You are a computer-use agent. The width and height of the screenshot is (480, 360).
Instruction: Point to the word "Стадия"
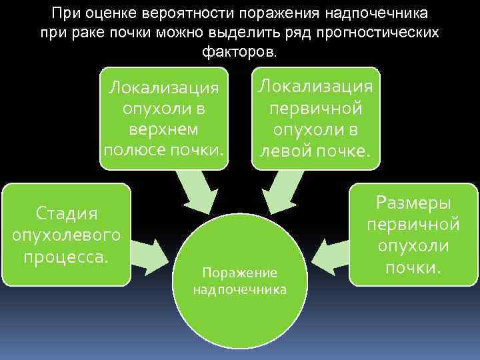66,213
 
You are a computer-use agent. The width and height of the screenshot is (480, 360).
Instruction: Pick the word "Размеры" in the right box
413,202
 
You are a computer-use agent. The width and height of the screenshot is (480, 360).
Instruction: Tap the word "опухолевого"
66,235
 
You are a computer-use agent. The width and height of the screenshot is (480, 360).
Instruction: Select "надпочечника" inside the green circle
239,289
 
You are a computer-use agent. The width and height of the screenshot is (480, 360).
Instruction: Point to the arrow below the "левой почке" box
283,190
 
